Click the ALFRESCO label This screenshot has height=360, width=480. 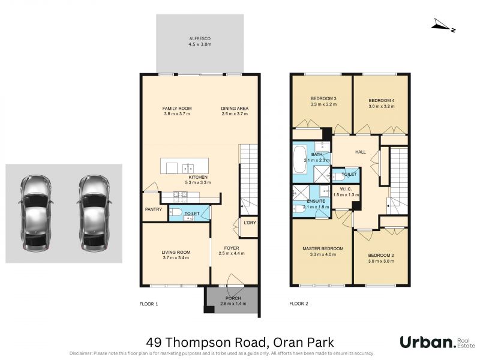pos(200,38)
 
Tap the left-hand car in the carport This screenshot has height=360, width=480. pos(35,214)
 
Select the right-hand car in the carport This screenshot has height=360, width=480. pos(94,214)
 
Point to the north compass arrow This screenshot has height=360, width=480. pos(443,25)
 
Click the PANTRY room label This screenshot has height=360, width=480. pos(154,209)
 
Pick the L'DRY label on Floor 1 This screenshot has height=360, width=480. pos(250,223)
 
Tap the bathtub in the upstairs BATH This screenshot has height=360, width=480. pos(299,164)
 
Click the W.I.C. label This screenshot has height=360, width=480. pos(346,189)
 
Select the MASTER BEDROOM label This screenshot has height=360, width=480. pos(323,248)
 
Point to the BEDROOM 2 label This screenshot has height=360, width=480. pos(381,256)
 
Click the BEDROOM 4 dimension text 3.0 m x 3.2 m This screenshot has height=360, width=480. pos(381,107)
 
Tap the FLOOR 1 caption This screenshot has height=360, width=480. pos(148,304)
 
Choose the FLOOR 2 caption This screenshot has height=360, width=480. pos(299,304)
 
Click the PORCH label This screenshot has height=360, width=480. pos(233,298)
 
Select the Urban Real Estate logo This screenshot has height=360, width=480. pos(437,342)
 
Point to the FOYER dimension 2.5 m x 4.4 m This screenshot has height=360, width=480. pos(232,253)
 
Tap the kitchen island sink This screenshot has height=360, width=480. pos(188,169)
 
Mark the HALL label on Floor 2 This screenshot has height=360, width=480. pos(361,152)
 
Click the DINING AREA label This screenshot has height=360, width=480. pos(235,109)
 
